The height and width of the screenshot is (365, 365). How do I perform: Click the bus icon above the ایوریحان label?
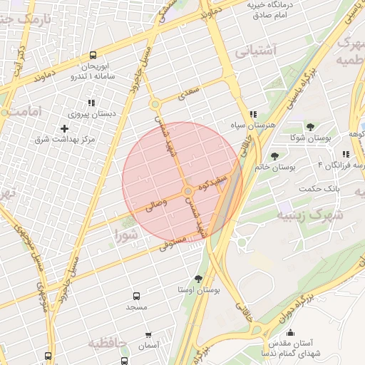point(93,55)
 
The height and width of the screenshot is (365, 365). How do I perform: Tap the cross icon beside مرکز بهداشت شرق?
point(65,128)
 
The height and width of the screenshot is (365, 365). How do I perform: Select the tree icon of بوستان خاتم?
point(275,155)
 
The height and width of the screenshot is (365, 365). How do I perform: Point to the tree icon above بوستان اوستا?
point(197,279)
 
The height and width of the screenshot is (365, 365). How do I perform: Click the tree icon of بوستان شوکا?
point(310,127)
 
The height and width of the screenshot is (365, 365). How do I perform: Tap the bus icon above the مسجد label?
point(136,295)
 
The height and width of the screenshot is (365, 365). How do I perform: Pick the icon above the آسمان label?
point(148,334)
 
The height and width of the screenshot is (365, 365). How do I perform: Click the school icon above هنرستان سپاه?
point(253,114)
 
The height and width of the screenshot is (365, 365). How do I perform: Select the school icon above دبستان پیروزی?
point(91,103)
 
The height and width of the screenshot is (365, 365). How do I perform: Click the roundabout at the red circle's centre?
point(187,192)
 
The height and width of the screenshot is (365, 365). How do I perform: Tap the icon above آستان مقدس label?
point(291,332)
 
